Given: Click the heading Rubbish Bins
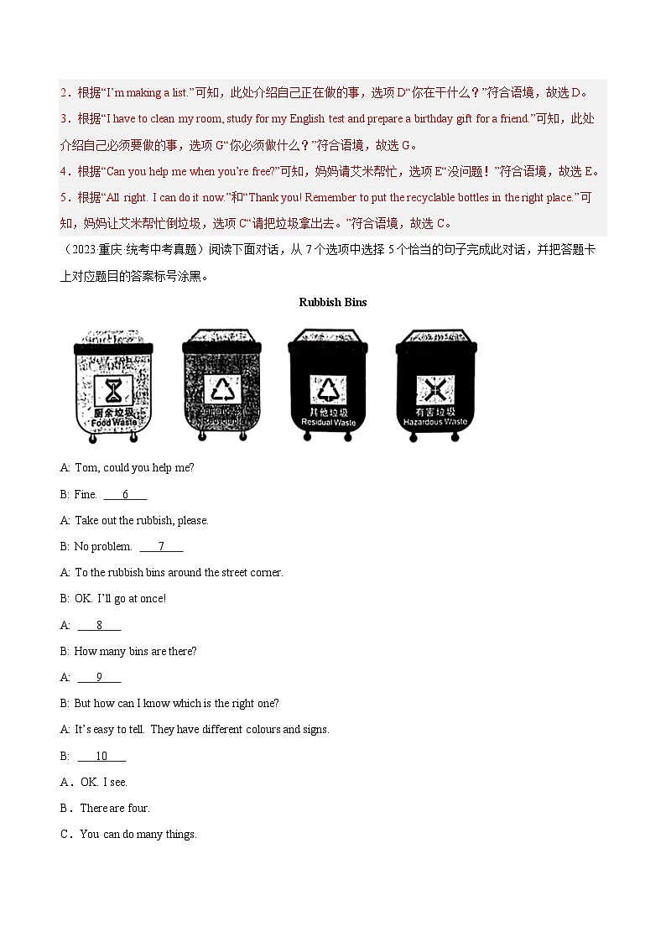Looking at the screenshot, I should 332,302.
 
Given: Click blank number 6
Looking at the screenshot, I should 125,495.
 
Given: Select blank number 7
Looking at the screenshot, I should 160,547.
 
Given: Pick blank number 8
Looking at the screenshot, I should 99,625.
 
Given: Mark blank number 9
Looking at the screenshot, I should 99,677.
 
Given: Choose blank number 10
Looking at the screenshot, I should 101,756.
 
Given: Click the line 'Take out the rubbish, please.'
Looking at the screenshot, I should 141,521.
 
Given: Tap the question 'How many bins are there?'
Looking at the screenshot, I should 135,651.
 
